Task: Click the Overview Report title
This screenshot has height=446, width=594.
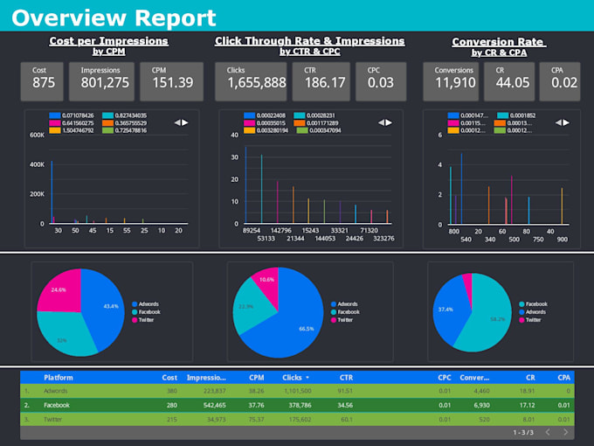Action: click(114, 17)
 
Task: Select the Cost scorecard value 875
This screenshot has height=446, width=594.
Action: click(44, 82)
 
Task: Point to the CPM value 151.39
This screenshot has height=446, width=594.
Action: click(172, 82)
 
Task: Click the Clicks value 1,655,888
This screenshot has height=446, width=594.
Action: click(257, 82)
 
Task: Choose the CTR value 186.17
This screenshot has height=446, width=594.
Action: click(324, 82)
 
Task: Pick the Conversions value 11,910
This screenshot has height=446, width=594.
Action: click(454, 82)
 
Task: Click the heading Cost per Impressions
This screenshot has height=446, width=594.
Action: click(109, 41)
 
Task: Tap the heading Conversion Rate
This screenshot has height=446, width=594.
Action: click(498, 42)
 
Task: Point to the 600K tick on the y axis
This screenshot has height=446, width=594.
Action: click(38, 135)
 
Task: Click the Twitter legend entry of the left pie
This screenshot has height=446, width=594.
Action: click(148, 320)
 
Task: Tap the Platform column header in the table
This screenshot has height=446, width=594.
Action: click(59, 378)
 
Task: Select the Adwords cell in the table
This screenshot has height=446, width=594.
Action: click(56, 391)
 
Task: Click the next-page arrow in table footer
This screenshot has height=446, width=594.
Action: click(566, 432)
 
